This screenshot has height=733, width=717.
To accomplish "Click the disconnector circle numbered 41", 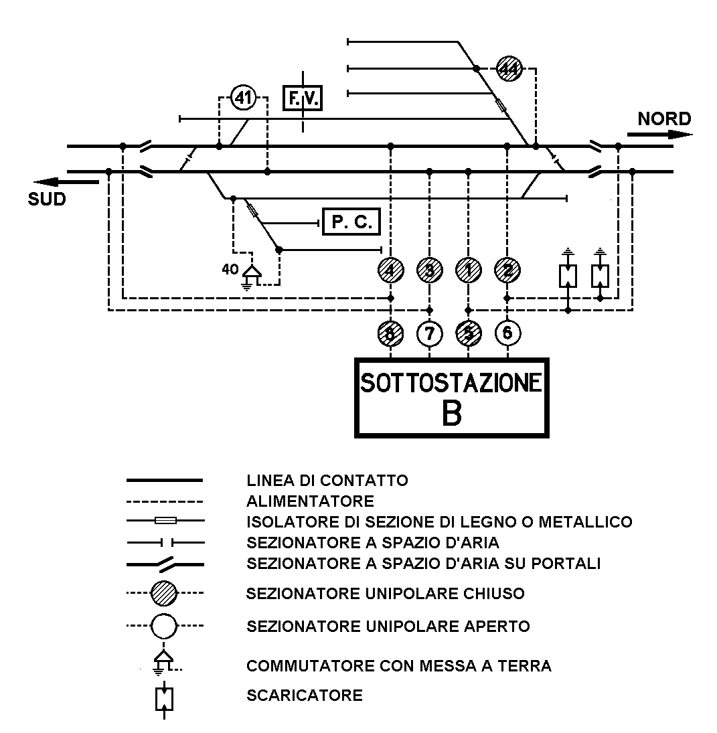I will pyautogui.click(x=243, y=98).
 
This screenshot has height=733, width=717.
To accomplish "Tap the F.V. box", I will pyautogui.click(x=302, y=99).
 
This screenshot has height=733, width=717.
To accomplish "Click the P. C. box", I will pyautogui.click(x=351, y=222).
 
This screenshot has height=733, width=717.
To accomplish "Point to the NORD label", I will pyautogui.click(x=663, y=119).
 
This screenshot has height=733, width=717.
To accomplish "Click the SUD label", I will pyautogui.click(x=47, y=199).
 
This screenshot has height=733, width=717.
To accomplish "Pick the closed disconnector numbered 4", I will pyautogui.click(x=390, y=270).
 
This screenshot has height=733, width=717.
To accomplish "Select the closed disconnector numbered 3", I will pyautogui.click(x=429, y=270).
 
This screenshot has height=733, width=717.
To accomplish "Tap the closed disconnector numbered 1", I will pyautogui.click(x=468, y=270).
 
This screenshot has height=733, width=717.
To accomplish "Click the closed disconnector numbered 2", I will pyautogui.click(x=507, y=270).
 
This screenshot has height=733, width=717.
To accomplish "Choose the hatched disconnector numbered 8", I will pyautogui.click(x=390, y=332).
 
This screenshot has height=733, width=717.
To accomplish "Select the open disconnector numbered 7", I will pyautogui.click(x=429, y=332).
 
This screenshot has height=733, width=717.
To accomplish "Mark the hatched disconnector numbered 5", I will pyautogui.click(x=468, y=332).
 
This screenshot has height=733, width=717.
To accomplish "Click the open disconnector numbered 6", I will pyautogui.click(x=507, y=332).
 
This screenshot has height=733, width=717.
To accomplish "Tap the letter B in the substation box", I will pyautogui.click(x=452, y=414).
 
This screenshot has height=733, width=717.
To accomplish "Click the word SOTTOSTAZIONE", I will pyautogui.click(x=451, y=383).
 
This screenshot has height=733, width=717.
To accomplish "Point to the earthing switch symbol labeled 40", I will pyautogui.click(x=252, y=274).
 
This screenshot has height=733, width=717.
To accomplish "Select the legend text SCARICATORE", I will pyautogui.click(x=305, y=695).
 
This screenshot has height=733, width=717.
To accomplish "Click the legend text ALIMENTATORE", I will pyautogui.click(x=310, y=501).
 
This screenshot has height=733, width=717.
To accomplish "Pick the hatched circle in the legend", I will pyautogui.click(x=164, y=593).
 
